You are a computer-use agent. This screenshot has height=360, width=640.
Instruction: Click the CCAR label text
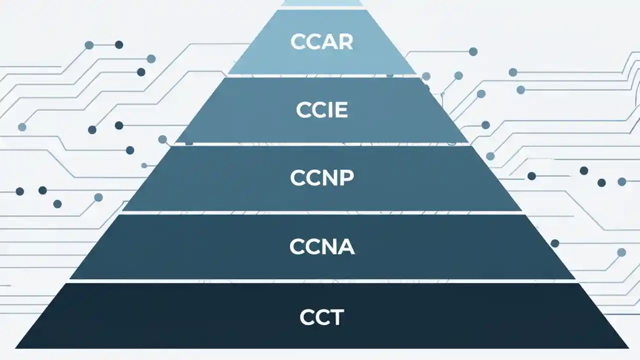[x=321, y=42]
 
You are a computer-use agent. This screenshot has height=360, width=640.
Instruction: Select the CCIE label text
[x=321, y=110]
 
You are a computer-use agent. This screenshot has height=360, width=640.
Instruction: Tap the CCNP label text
[x=321, y=177]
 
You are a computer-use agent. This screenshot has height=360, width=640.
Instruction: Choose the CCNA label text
[x=321, y=246]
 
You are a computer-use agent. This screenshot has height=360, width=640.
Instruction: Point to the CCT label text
[x=321, y=317]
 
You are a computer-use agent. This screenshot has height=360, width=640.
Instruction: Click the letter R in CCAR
[x=345, y=42]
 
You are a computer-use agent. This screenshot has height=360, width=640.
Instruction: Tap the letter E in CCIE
[x=339, y=110]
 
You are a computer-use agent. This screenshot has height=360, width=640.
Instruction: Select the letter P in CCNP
[x=346, y=177]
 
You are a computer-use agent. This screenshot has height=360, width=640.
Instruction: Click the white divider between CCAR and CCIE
[x=321, y=75]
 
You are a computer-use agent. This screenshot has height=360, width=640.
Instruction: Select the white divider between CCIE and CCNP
[x=321, y=144]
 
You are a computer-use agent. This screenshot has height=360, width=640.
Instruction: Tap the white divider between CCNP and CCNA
[x=321, y=212]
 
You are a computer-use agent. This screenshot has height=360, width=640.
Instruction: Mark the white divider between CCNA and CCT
[x=321, y=281]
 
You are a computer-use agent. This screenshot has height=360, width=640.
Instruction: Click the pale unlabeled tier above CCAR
[x=321, y=2]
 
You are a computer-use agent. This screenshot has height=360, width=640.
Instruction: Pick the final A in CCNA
[x=346, y=246]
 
